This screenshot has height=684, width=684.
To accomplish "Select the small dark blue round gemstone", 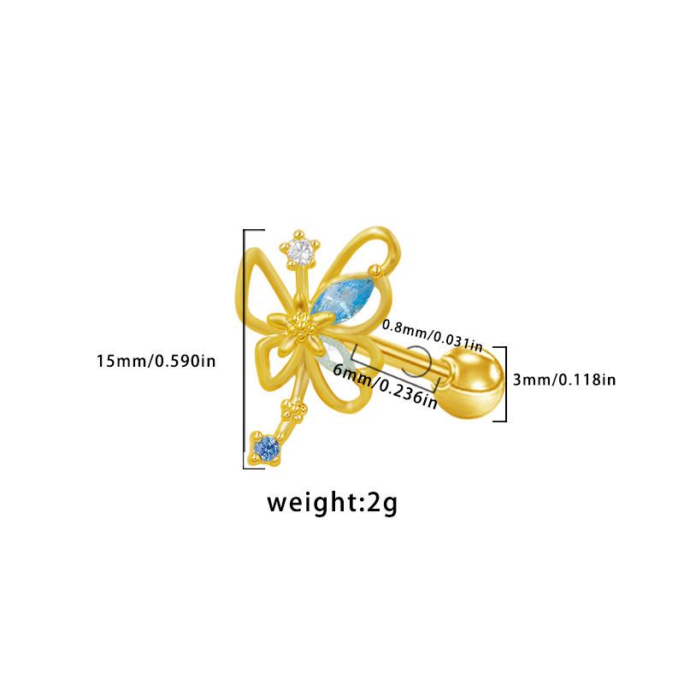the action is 267,447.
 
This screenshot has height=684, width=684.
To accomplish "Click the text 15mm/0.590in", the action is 156,362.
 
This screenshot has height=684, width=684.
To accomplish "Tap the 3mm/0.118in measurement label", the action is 564,379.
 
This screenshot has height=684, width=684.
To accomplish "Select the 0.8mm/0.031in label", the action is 433,334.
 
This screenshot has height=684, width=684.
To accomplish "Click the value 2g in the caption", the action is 380,503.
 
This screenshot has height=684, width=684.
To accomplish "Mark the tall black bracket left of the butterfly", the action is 247,346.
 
